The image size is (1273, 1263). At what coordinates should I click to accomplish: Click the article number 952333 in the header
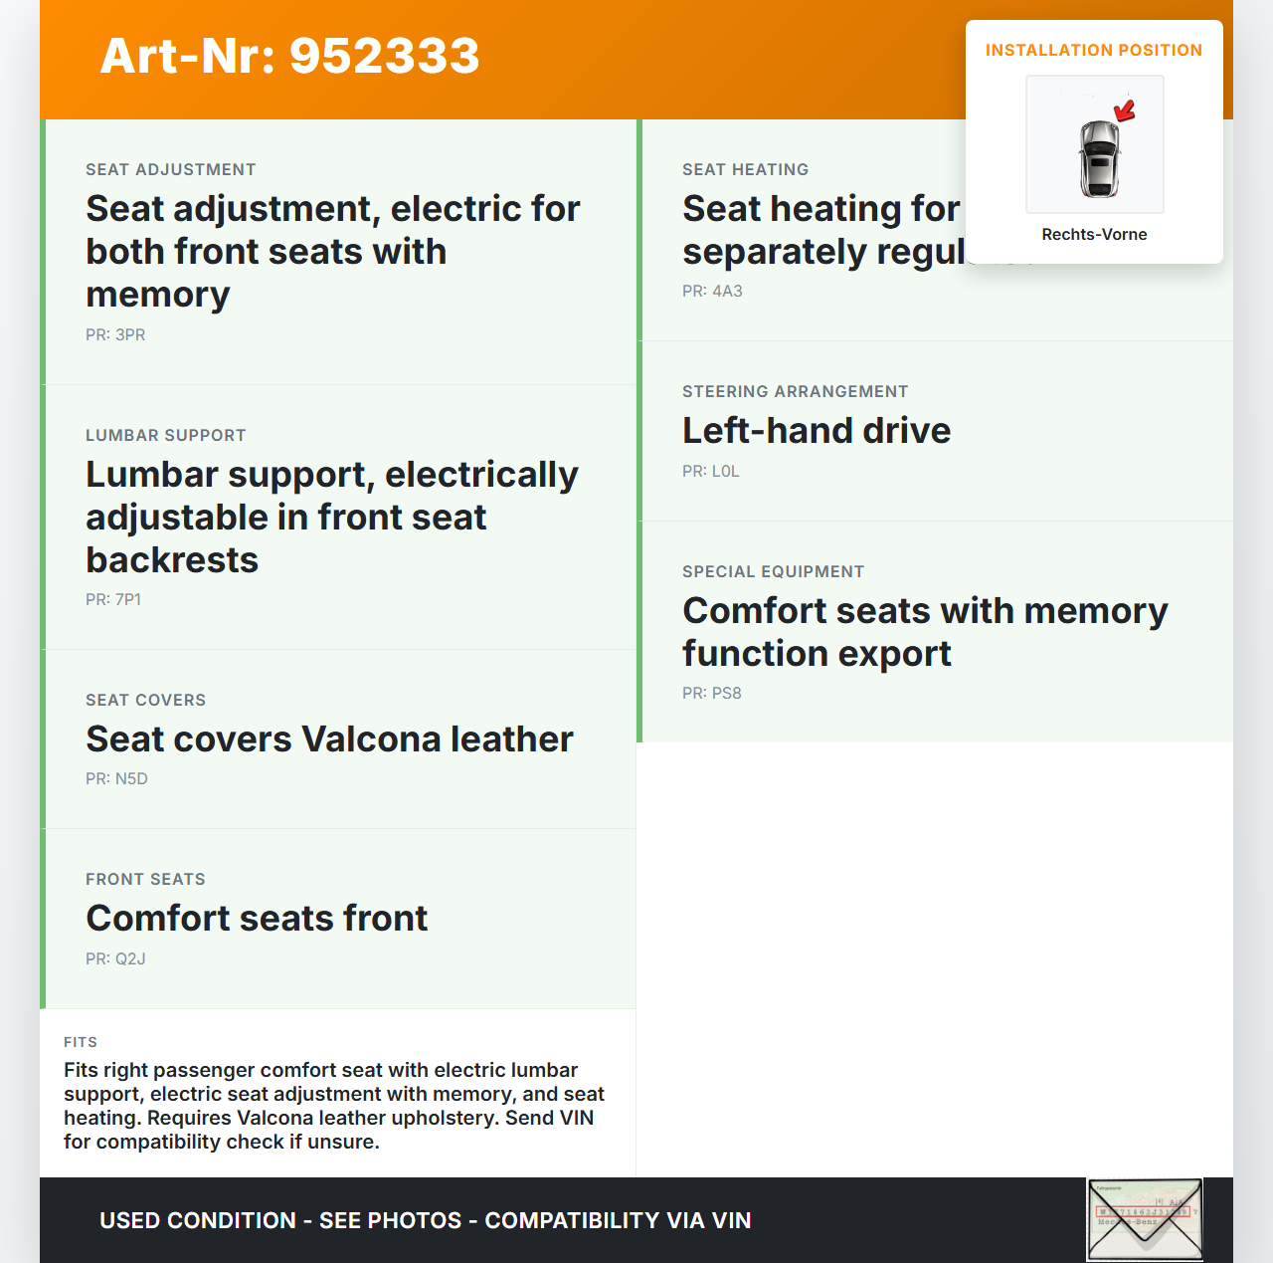[x=384, y=56]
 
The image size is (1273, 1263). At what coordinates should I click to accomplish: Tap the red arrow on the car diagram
[x=1125, y=110]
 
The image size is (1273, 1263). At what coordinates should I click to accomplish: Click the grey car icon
[x=1099, y=157]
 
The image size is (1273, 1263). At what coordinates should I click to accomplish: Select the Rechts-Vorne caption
[x=1094, y=234]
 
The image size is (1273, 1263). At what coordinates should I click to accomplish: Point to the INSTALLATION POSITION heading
[x=1093, y=50]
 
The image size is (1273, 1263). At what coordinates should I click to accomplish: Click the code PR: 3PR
[x=115, y=334]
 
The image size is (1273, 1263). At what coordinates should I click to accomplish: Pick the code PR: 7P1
[x=113, y=599]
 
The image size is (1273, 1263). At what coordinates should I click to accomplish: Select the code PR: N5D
[x=116, y=778]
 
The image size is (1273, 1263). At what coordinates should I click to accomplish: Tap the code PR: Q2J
[x=115, y=958]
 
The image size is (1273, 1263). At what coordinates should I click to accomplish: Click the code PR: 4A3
[x=712, y=291]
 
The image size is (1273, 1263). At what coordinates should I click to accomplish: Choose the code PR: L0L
[x=710, y=471]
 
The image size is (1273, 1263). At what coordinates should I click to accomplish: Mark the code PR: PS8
[x=711, y=693]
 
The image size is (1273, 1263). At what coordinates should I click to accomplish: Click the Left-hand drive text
[x=817, y=430]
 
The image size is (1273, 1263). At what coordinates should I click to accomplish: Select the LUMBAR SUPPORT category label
[x=165, y=435]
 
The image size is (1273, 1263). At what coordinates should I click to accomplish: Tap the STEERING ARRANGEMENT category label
[x=795, y=391]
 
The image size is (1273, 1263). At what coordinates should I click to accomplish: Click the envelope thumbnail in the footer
[x=1144, y=1219]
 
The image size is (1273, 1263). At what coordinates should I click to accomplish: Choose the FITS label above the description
[x=81, y=1042]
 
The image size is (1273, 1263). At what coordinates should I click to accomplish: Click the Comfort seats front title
[x=257, y=918]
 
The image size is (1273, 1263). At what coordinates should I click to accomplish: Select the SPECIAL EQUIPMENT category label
[x=773, y=571]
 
